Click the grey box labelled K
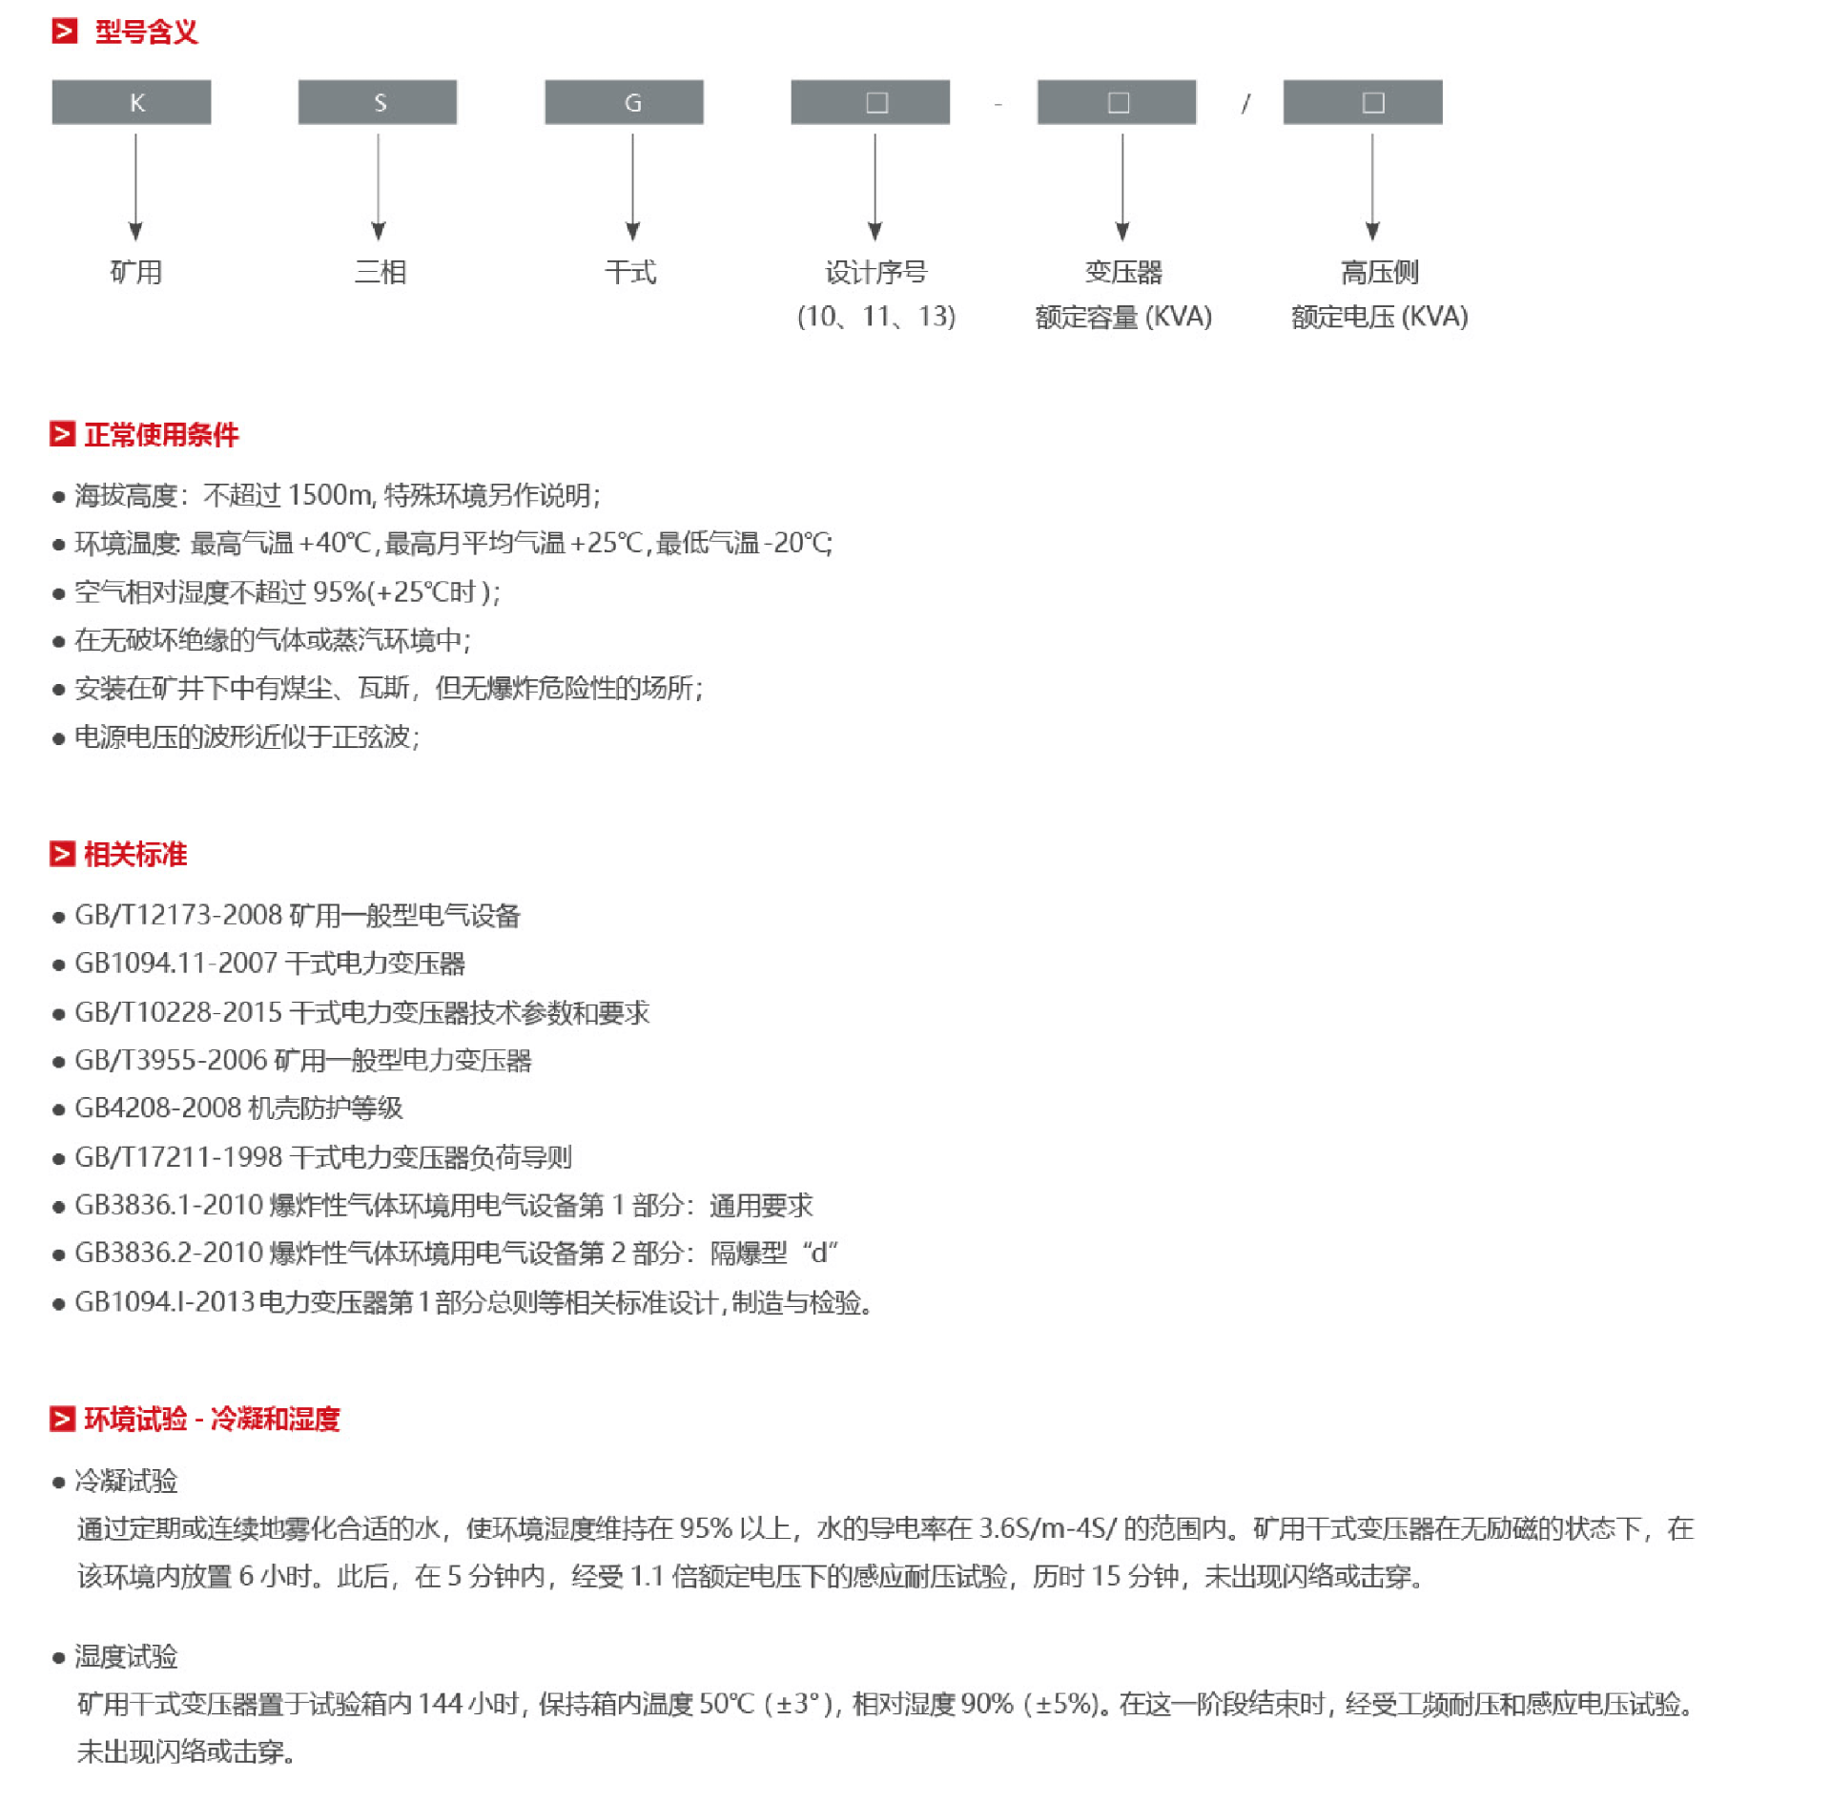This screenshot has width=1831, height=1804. click(x=132, y=102)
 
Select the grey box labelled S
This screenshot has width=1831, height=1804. click(x=378, y=102)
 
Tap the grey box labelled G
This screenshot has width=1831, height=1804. click(x=624, y=102)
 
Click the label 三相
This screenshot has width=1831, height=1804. click(x=381, y=273)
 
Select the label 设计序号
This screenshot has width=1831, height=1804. click(x=875, y=273)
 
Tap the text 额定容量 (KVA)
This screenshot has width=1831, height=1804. click(x=1123, y=317)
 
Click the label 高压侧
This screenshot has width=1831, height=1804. click(x=1379, y=273)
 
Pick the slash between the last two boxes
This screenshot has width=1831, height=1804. click(x=1245, y=103)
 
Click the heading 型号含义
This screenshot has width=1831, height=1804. click(x=146, y=32)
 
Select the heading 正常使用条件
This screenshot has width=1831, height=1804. click(x=161, y=435)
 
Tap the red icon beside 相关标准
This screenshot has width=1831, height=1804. click(x=62, y=854)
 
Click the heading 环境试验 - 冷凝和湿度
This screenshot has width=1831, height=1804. click(x=212, y=1420)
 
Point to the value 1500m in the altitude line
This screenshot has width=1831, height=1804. click(x=330, y=495)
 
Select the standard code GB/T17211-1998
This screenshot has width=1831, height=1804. click(x=178, y=1157)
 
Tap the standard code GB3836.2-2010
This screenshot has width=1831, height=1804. click(x=169, y=1253)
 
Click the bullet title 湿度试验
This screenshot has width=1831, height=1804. click(x=126, y=1656)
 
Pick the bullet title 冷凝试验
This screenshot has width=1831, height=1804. click(x=126, y=1481)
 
